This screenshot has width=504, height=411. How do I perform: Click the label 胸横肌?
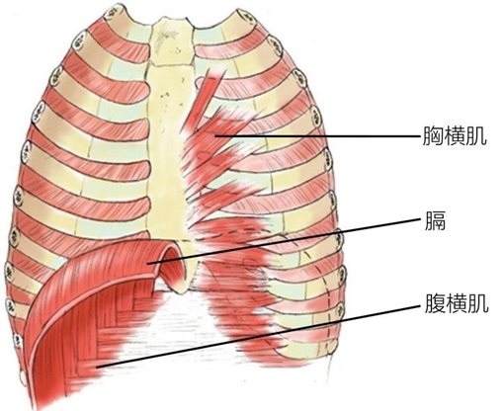pyautogui.click(x=455, y=135)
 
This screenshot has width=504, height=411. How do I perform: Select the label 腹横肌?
pyautogui.click(x=457, y=302)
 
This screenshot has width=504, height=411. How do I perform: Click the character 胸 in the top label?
pyautogui.click(x=433, y=135)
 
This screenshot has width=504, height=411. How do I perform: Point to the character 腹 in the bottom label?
pyautogui.click(x=435, y=302)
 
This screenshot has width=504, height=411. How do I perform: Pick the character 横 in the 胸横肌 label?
pyautogui.click(x=455, y=135)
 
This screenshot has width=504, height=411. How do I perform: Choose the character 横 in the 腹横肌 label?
pyautogui.click(x=457, y=302)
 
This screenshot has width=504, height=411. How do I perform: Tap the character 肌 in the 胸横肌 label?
pyautogui.click(x=476, y=135)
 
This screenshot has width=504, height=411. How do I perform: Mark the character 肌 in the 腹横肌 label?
pyautogui.click(x=478, y=302)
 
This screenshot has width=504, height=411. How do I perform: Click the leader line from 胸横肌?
pyautogui.click(x=317, y=135)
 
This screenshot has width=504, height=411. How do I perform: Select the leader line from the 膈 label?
pyautogui.click(x=285, y=240)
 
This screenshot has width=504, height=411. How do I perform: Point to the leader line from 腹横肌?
pyautogui.click(x=259, y=336)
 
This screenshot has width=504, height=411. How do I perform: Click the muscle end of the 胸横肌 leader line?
pyautogui.click(x=215, y=135)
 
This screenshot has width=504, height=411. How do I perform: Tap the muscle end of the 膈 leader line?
pyautogui.click(x=148, y=263)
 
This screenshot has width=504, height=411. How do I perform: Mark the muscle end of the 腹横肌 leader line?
pyautogui.click(x=97, y=367)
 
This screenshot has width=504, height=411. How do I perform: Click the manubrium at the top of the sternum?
pyautogui.click(x=172, y=41)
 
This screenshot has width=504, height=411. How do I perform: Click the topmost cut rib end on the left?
pyautogui.click(x=112, y=13)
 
